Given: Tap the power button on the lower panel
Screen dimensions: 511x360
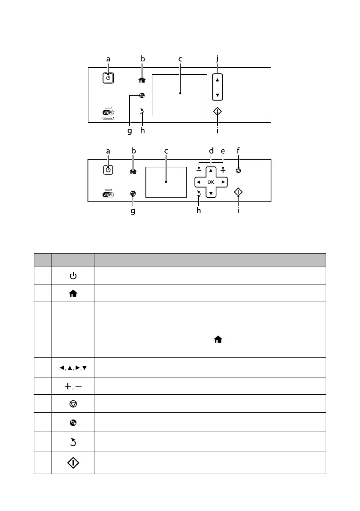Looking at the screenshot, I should pyautogui.click(x=108, y=169).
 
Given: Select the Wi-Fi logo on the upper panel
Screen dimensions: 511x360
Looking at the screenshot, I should pyautogui.click(x=108, y=113).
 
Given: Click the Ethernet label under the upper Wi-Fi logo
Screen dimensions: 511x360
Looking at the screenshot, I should pyautogui.click(x=108, y=119).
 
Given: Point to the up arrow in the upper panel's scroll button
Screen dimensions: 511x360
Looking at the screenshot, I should pyautogui.click(x=217, y=80).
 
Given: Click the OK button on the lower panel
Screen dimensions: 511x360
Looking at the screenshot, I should pyautogui.click(x=211, y=182).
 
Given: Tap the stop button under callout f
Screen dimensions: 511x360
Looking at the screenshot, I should pyautogui.click(x=239, y=170).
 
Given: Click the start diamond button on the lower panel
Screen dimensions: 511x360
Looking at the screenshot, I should pyautogui.click(x=239, y=193).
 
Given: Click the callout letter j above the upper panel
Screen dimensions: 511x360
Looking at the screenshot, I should pyautogui.click(x=218, y=59).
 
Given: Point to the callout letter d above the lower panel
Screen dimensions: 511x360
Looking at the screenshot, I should pyautogui.click(x=211, y=151).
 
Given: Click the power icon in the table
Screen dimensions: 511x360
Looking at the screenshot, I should pyautogui.click(x=73, y=275).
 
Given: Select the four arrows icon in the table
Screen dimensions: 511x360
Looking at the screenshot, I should pyautogui.click(x=73, y=368).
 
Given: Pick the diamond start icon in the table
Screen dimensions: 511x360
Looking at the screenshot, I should pyautogui.click(x=73, y=463).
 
